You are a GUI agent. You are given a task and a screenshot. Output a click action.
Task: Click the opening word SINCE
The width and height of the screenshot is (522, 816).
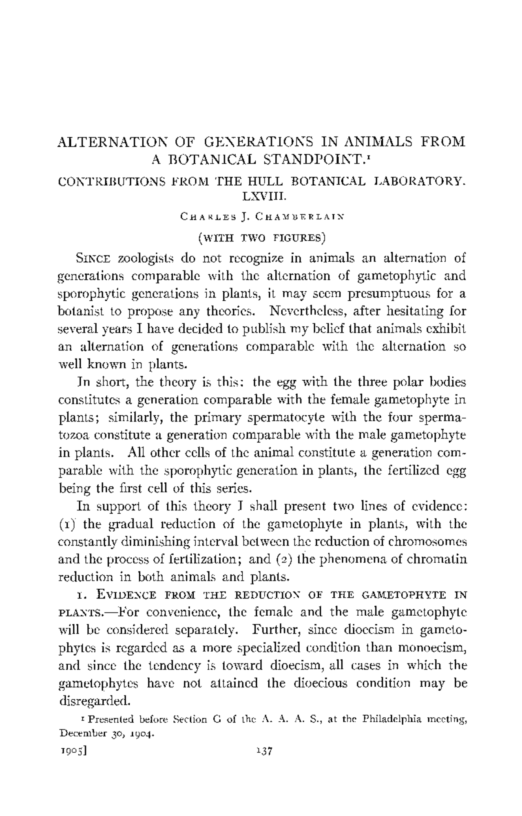[x=94, y=259]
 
